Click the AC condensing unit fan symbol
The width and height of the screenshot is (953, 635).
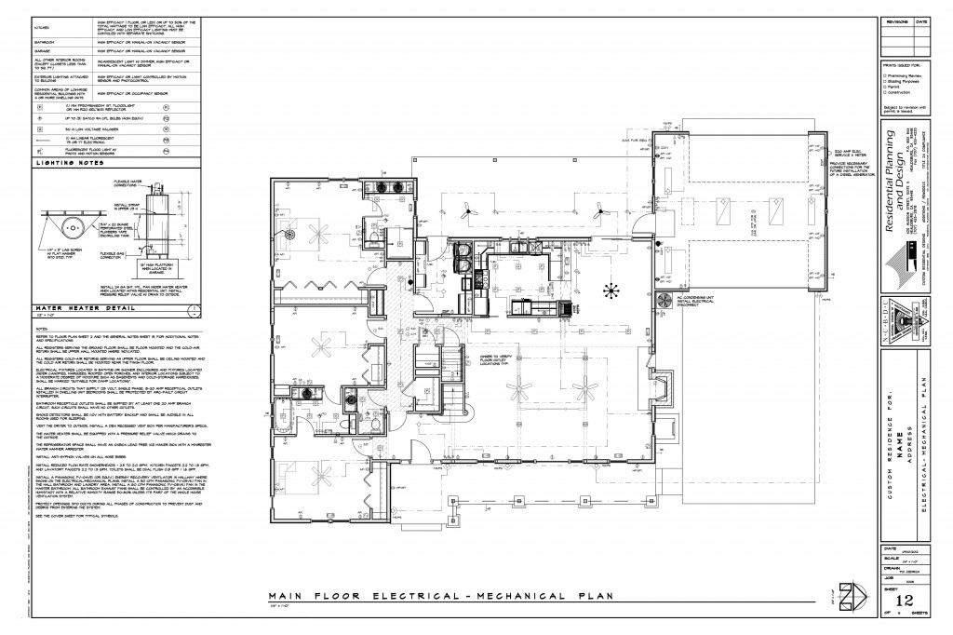(x=665, y=300)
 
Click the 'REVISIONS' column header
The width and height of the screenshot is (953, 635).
(x=896, y=20)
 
